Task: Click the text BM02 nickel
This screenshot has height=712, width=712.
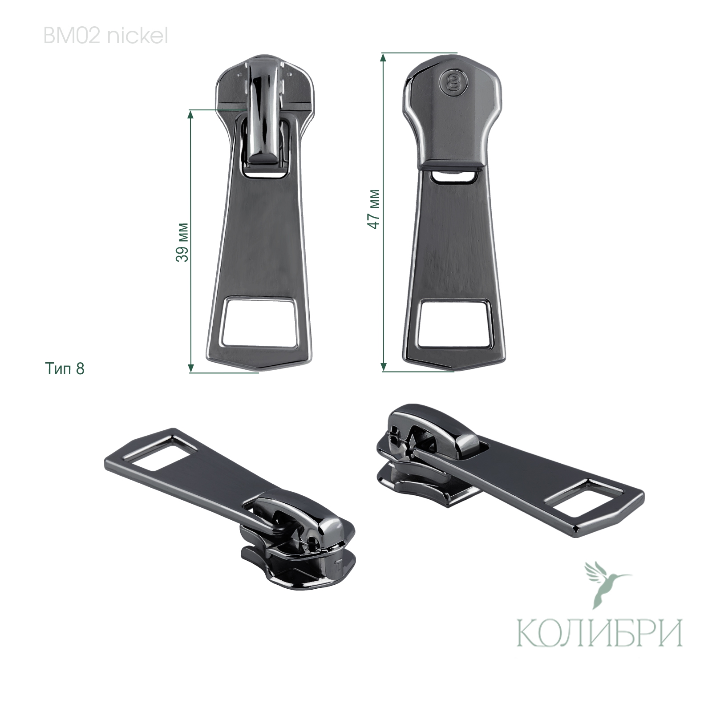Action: click(105, 36)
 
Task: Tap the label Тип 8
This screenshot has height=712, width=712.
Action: click(65, 369)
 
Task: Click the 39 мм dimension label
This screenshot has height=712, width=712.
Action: click(182, 241)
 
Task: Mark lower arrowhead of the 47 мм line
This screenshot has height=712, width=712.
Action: click(383, 368)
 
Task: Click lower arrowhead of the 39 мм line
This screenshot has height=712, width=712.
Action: click(191, 368)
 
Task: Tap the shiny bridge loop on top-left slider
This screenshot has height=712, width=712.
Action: click(263, 111)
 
